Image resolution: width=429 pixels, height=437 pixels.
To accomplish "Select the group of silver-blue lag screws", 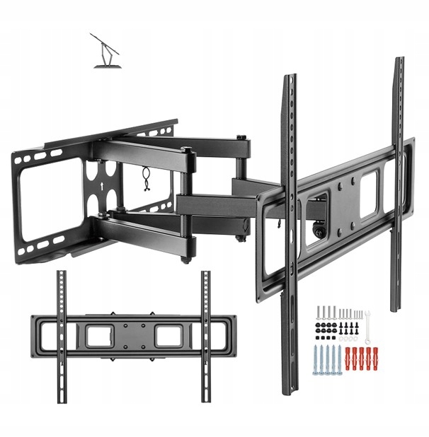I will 325,361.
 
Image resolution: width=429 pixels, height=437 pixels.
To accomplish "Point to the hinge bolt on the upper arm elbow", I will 185,151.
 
